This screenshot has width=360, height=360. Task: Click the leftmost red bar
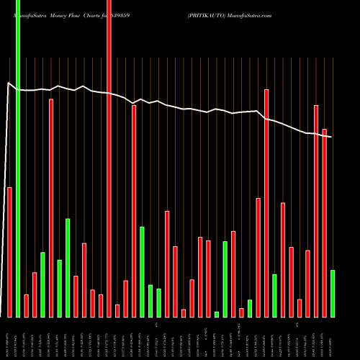(9, 252)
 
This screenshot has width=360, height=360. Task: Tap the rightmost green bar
(333, 293)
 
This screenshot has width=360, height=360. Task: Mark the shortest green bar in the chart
(217, 314)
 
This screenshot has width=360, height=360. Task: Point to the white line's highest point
(9, 84)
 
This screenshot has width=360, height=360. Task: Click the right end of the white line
(332, 136)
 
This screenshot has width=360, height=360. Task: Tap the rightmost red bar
(324, 222)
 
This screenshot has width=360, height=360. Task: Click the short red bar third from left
(35, 294)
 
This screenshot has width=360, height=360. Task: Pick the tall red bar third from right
(316, 211)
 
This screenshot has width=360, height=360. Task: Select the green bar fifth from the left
(142, 271)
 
